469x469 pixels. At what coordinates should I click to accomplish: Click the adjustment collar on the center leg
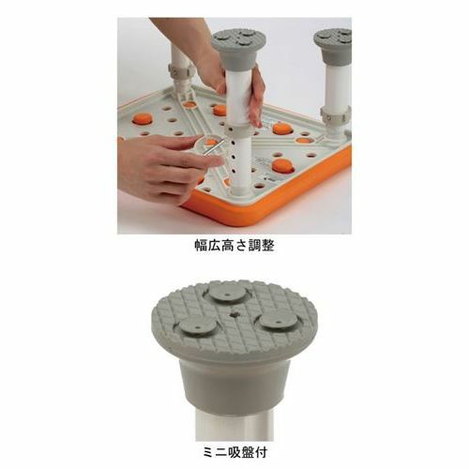(x=238, y=130)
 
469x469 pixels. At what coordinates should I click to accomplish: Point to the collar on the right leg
(x=336, y=114)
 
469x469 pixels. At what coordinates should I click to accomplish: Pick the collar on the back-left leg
(x=180, y=71)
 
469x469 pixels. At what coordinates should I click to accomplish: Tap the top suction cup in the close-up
(x=228, y=294)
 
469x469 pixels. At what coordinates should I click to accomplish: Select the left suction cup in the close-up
(x=198, y=325)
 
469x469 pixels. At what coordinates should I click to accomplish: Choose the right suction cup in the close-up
(x=279, y=321)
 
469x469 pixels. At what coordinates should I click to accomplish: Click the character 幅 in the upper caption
(x=202, y=246)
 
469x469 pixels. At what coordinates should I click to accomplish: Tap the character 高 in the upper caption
(x=228, y=246)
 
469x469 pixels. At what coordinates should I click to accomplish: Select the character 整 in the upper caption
(x=267, y=246)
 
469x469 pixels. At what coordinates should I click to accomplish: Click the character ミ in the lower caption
(x=208, y=452)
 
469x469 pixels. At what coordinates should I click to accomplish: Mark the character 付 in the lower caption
(x=261, y=452)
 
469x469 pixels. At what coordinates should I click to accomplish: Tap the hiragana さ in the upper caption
(x=241, y=246)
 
